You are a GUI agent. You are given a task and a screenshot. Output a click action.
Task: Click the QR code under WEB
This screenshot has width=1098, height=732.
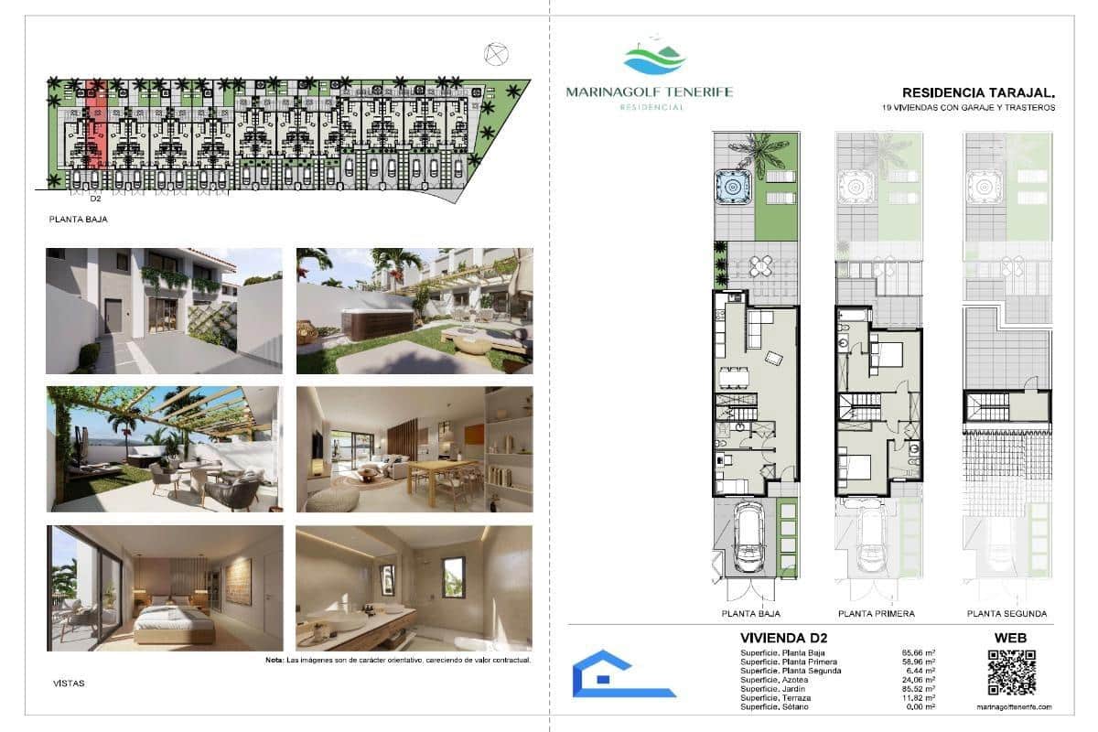click(1011, 673)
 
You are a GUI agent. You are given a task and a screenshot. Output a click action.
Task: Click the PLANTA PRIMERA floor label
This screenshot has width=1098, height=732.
click(876, 614)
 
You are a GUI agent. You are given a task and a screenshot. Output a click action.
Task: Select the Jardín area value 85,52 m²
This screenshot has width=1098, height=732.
click(918, 689)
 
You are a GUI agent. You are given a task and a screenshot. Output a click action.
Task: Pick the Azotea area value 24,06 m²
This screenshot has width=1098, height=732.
click(918, 680)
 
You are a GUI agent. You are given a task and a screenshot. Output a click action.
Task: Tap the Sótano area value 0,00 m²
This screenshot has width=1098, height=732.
click(920, 707)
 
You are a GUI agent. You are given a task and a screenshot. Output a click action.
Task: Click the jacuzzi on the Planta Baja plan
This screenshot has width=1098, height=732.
click(732, 187)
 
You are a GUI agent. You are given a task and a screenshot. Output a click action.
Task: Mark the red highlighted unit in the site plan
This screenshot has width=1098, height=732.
click(96, 128)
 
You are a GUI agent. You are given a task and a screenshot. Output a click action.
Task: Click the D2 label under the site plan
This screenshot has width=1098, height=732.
click(95, 197)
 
